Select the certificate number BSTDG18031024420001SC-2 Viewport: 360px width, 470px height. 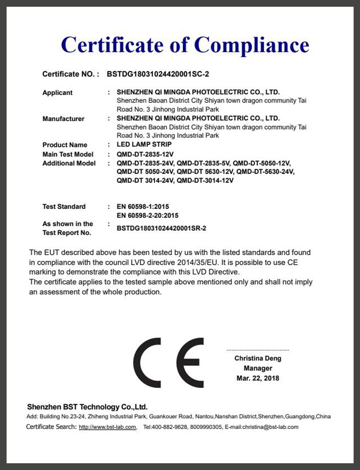158,74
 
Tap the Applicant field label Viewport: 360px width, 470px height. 57,93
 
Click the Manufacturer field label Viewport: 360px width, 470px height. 63,119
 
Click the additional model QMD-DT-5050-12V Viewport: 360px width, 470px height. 262,163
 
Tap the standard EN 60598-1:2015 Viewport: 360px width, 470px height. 143,207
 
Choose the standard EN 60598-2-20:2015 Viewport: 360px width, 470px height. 148,216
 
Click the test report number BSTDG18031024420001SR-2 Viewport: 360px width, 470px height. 161,228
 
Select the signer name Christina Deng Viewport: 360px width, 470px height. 258,359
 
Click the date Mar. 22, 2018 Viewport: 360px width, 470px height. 258,378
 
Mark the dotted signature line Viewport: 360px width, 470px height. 258,350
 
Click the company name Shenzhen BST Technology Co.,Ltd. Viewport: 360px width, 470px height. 87,407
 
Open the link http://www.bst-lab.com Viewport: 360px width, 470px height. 108,427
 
